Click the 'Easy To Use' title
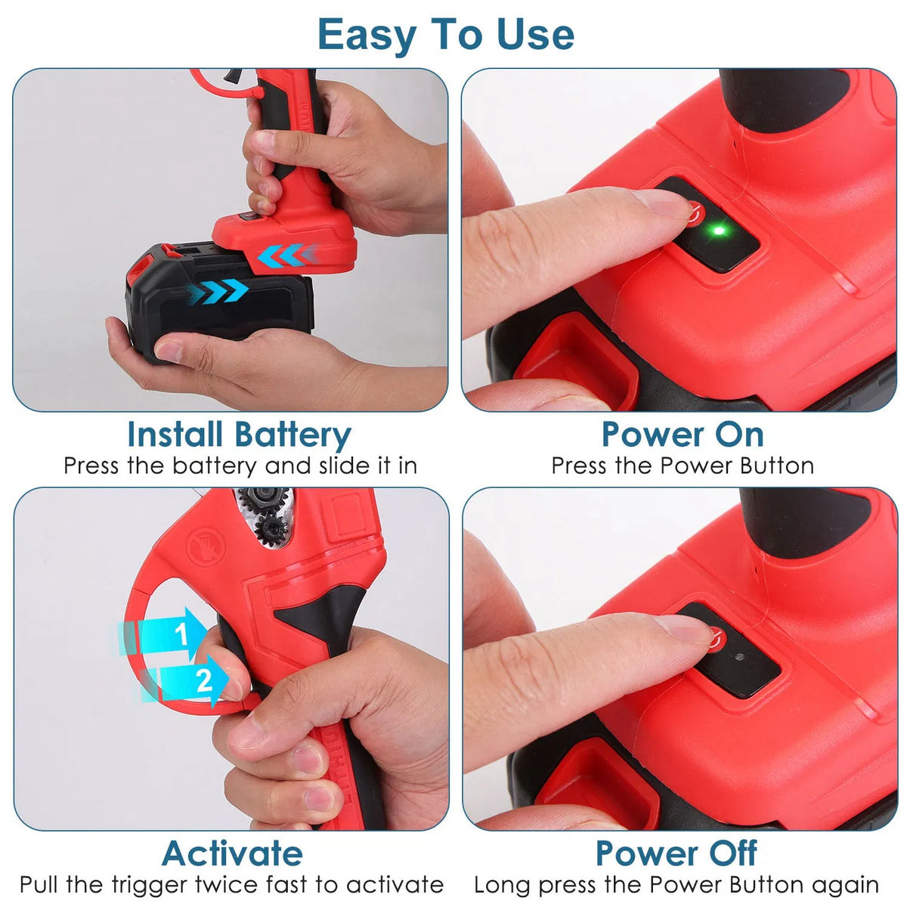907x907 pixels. [x=446, y=35]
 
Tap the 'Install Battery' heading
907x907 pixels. [x=239, y=435]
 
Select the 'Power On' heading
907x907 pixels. [x=683, y=434]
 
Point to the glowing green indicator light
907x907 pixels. [x=718, y=231]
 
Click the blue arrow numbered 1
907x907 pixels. [x=163, y=634]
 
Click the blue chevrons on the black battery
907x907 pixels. [x=218, y=291]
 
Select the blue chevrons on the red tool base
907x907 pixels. [x=287, y=255]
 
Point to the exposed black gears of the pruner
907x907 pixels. [x=264, y=515]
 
